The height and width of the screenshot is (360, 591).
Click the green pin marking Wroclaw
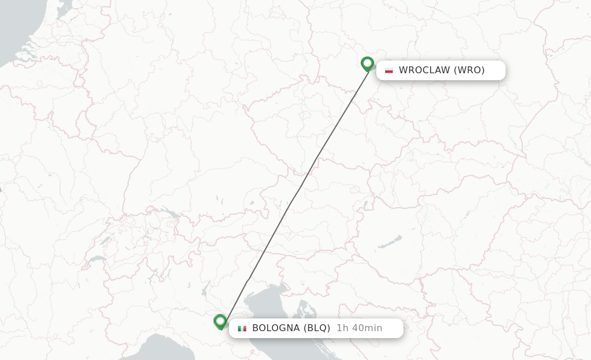pyautogui.click(x=367, y=63)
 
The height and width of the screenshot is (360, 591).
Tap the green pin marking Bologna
pyautogui.click(x=220, y=321)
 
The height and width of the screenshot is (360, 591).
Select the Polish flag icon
pyautogui.click(x=389, y=70)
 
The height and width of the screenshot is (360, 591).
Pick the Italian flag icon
pyautogui.click(x=242, y=328)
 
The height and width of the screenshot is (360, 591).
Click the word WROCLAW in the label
pyautogui.click(x=424, y=70)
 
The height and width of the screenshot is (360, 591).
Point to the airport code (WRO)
pyautogui.click(x=469, y=70)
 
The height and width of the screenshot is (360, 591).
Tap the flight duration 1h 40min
pyautogui.click(x=359, y=328)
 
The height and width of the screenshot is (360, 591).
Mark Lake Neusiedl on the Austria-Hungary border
pyautogui.click(x=365, y=205)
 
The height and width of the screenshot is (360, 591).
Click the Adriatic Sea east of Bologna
pyautogui.click(x=271, y=312)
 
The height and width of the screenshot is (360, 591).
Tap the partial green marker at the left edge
pyautogui.click(x=1, y=189)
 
